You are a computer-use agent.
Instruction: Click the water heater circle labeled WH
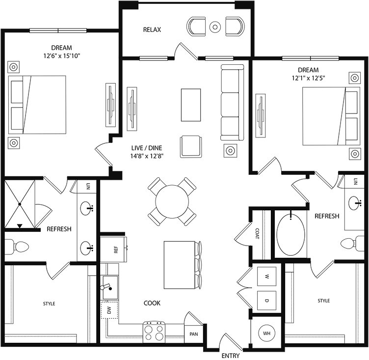(267, 333)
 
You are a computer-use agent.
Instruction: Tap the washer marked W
(267, 277)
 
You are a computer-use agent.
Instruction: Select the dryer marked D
(267, 300)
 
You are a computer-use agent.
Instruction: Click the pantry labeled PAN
(193, 334)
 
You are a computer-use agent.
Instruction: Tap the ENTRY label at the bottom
(231, 355)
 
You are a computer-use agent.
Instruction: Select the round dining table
(172, 201)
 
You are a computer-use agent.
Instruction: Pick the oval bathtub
(291, 234)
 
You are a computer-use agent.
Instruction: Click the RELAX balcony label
(152, 30)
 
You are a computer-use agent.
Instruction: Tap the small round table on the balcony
(215, 27)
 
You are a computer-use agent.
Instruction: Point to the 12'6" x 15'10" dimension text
(61, 56)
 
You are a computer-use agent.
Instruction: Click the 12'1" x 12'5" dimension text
(308, 78)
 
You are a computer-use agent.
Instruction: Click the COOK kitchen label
(152, 303)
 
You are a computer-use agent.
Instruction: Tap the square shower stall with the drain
(20, 203)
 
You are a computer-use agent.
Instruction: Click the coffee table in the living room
(190, 102)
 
